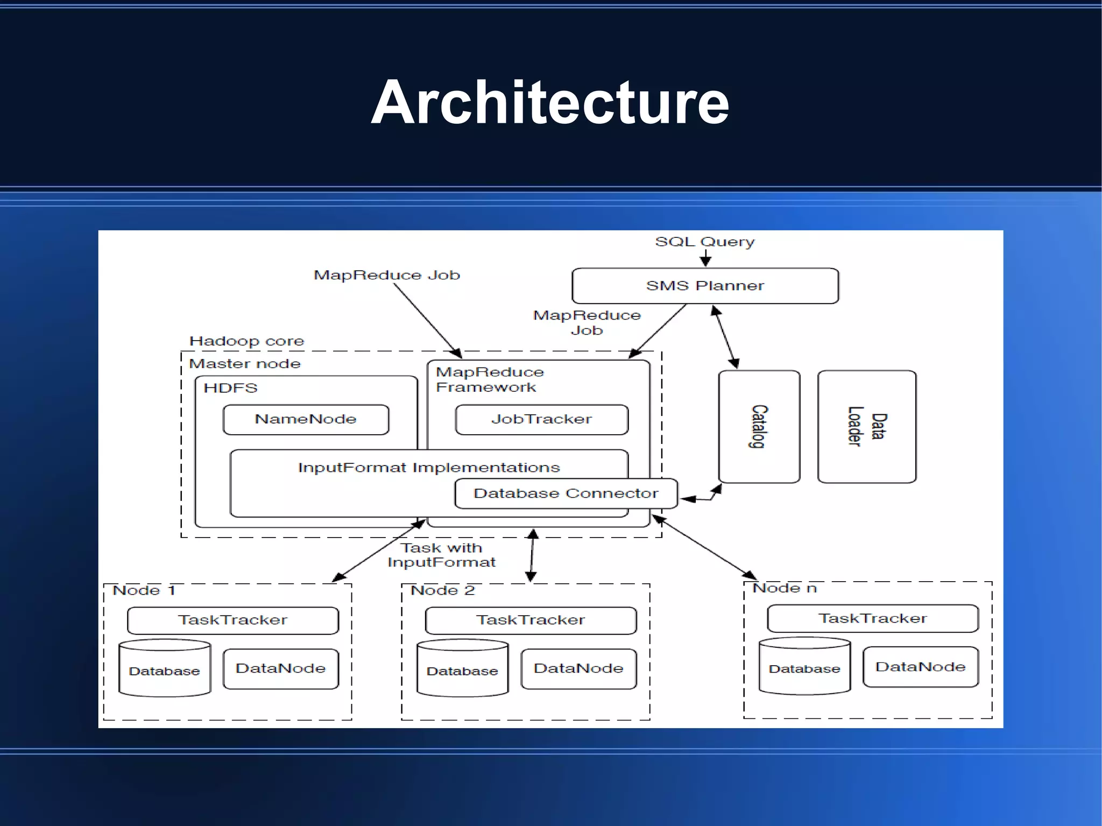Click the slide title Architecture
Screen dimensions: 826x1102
click(x=550, y=102)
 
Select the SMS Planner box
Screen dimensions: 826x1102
click(x=705, y=286)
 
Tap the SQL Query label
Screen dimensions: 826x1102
click(x=705, y=242)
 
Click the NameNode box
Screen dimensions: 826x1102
click(x=306, y=419)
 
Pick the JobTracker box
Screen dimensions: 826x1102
click(x=541, y=419)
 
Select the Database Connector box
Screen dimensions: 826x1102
click(x=566, y=493)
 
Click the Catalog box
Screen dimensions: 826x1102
click(x=759, y=426)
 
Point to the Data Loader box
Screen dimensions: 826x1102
click(x=866, y=426)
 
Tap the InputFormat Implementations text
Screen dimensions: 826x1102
click(x=429, y=468)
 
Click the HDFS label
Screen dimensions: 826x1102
click(x=230, y=388)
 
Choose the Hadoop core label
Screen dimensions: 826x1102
click(x=246, y=341)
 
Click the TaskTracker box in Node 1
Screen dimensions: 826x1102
click(x=233, y=620)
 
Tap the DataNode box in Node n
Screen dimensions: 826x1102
click(x=920, y=667)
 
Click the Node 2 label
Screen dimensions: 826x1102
click(x=442, y=590)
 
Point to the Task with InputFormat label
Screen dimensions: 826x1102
click(x=441, y=555)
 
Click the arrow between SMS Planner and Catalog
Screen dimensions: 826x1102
click(x=725, y=337)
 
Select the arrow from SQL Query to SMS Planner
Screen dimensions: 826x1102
click(x=705, y=258)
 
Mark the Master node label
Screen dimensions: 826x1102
click(x=245, y=364)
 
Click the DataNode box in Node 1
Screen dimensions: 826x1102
click(x=280, y=668)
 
